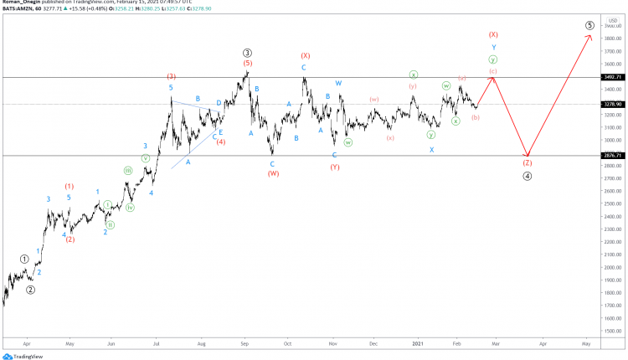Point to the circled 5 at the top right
590,26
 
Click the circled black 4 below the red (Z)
528,176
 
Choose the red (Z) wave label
528,163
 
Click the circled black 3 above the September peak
248,52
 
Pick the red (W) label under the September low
273,173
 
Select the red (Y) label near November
335,167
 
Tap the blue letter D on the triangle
219,104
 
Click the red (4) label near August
221,141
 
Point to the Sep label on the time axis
245,343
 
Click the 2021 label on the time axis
418,343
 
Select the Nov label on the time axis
332,343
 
